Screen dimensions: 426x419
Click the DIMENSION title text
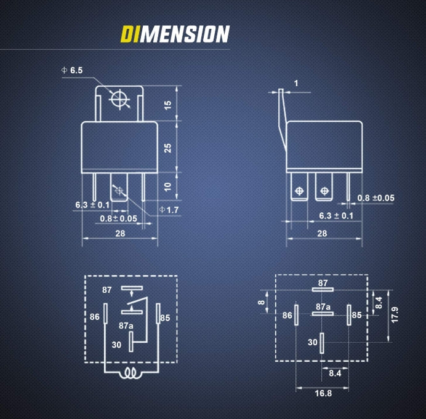(x=175, y=34)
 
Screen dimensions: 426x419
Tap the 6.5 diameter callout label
(x=72, y=70)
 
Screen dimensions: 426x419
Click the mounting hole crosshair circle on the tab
(x=119, y=99)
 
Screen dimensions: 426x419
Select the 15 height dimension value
(x=168, y=105)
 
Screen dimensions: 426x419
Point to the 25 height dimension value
(x=168, y=148)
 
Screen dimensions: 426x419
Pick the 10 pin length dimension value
(x=168, y=186)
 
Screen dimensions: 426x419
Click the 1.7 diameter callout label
(x=169, y=210)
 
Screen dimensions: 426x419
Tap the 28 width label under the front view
(x=120, y=233)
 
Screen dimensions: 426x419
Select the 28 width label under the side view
(x=322, y=233)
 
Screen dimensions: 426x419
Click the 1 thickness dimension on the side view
(x=296, y=83)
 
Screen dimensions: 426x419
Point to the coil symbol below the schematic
(x=130, y=373)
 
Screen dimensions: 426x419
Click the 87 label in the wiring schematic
(x=107, y=290)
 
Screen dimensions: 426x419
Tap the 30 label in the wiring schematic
(x=116, y=345)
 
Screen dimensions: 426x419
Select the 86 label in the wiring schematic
(x=95, y=317)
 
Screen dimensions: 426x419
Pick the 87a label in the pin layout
(x=323, y=307)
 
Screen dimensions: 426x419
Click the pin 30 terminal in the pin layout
(x=322, y=343)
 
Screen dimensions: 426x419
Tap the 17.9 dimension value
(x=395, y=315)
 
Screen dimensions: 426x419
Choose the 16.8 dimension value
(x=323, y=393)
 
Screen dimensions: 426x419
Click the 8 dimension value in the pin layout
(x=262, y=302)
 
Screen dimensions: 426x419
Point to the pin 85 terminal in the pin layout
(x=349, y=315)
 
